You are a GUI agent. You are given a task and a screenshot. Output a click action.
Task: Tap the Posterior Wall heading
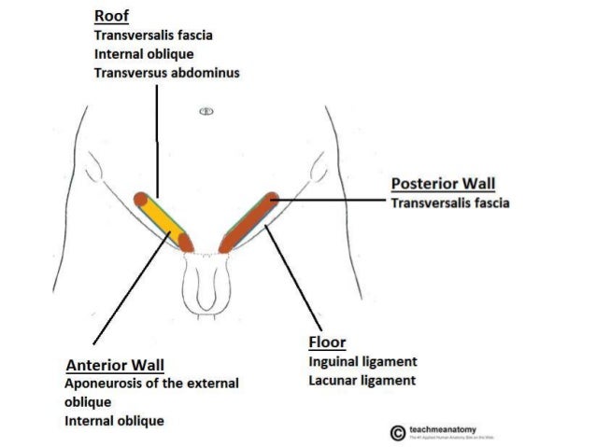pos(444,184)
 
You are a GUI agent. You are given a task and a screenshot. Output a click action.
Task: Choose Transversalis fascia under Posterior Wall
pos(450,203)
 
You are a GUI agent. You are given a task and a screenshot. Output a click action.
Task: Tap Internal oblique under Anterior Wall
pos(114,421)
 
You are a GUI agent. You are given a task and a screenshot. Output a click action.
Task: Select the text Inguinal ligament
pos(362,361)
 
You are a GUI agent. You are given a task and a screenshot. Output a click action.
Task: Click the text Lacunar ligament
pos(362,381)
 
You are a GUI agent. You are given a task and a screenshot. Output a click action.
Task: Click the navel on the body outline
pos(206,111)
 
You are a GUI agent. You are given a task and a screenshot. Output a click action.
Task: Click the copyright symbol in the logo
pos(398,432)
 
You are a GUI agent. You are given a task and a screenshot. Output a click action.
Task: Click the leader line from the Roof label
pos(157,140)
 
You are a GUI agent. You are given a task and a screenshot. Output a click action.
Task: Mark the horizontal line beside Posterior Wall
pos(332,198)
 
